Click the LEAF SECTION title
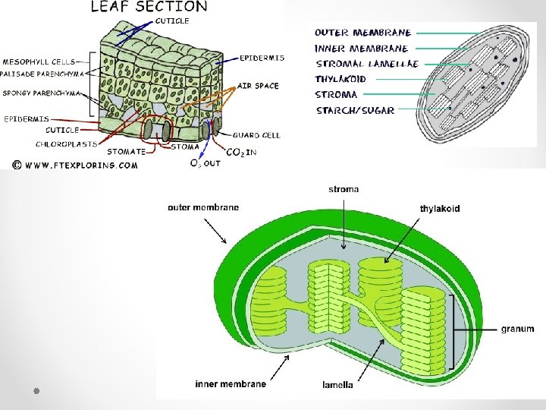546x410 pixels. (x=149, y=7)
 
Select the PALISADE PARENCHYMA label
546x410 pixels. (x=41, y=74)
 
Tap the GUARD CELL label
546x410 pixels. (x=256, y=135)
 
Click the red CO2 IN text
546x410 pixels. (x=241, y=153)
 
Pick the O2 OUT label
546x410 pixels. (x=206, y=162)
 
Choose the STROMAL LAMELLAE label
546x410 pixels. (x=367, y=64)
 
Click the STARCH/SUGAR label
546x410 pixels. (x=355, y=110)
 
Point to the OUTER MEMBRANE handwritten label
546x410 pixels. (x=363, y=33)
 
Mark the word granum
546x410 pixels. (x=517, y=329)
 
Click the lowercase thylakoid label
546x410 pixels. (x=440, y=208)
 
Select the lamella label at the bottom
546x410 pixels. (x=337, y=385)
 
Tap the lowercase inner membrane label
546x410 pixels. (x=231, y=384)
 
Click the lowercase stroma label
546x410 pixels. (x=344, y=188)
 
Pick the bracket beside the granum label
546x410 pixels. (x=453, y=329)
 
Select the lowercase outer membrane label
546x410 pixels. (x=203, y=207)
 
